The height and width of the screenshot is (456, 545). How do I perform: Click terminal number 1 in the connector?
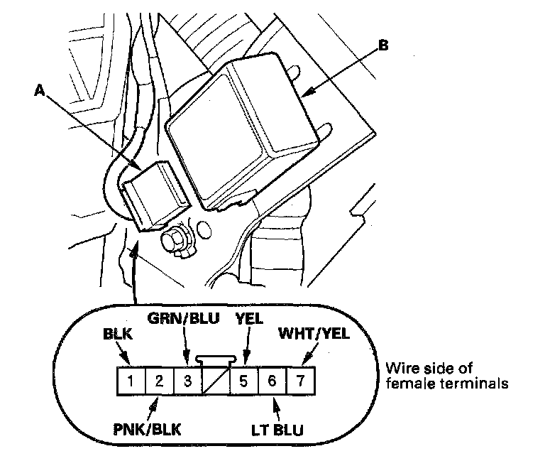click(x=131, y=380)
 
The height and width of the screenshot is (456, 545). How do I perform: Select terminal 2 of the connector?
click(x=160, y=380)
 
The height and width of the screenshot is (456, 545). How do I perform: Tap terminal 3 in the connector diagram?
click(x=187, y=380)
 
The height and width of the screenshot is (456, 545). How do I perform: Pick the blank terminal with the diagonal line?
click(x=215, y=381)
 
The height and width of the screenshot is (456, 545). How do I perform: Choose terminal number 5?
click(x=243, y=380)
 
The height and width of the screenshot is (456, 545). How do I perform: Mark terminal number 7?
click(x=299, y=380)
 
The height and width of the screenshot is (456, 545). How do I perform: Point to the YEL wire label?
click(x=249, y=319)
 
